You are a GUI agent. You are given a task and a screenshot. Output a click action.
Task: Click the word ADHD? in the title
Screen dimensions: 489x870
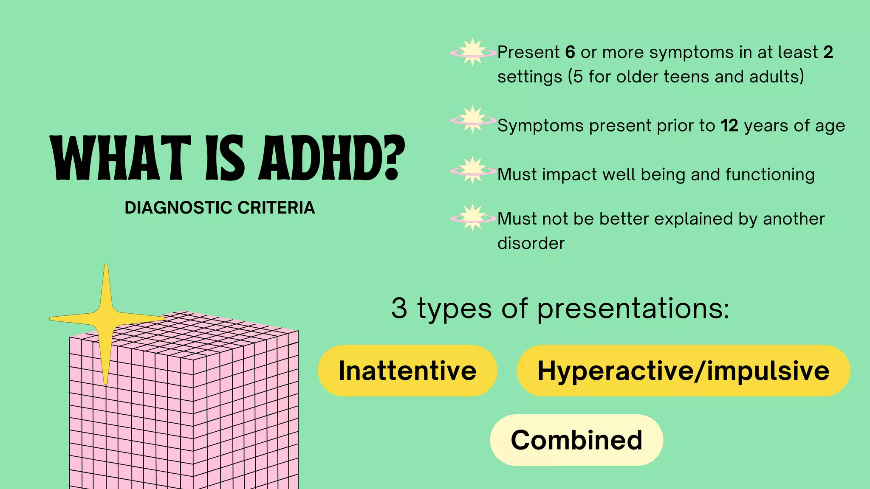[x=332, y=158]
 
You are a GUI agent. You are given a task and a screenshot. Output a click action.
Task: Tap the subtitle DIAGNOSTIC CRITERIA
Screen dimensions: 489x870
[x=220, y=208]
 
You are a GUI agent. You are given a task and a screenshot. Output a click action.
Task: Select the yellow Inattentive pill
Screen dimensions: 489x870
[x=407, y=371]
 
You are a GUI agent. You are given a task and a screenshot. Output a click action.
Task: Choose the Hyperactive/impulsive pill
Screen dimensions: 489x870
[x=683, y=371]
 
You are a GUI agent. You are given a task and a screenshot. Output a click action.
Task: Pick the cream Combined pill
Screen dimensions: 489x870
[x=576, y=440]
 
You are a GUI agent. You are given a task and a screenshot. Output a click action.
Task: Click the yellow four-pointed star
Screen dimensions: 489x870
[x=106, y=320]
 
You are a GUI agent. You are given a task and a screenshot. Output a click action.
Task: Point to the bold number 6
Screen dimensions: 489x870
[x=570, y=52]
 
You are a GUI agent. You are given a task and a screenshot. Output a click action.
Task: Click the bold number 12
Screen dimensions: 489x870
[x=729, y=126]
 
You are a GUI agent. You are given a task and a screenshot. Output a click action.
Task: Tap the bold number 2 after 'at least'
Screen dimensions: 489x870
[x=828, y=52]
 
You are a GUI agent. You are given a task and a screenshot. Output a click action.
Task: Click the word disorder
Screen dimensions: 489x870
[x=531, y=243]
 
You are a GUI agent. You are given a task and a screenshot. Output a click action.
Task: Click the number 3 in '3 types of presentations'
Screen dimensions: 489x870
[x=399, y=308]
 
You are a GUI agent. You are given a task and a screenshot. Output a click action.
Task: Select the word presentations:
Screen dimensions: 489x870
[x=633, y=309]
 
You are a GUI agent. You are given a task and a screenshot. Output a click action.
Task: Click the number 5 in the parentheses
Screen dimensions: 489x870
[x=578, y=77]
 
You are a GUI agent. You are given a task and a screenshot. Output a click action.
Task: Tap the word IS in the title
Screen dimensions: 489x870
[x=225, y=158]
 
